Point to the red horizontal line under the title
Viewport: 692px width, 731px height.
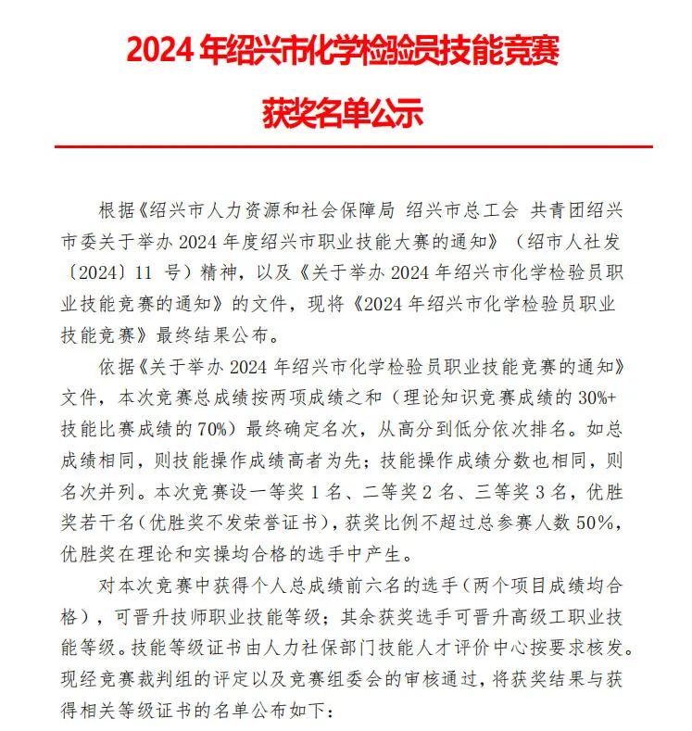pyautogui.click(x=353, y=146)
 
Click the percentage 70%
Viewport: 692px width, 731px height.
pyautogui.click(x=226, y=428)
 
